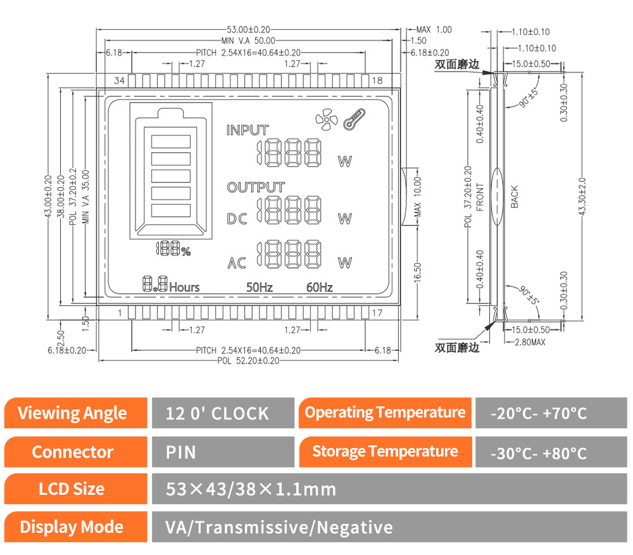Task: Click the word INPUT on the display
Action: click(248, 130)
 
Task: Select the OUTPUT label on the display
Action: click(256, 188)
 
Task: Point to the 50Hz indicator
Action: click(260, 287)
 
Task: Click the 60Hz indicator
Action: click(319, 287)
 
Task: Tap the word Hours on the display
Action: click(184, 287)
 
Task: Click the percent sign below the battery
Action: click(185, 252)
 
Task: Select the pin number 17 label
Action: click(377, 313)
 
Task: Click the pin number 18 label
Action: click(377, 80)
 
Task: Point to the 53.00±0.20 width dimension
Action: click(249, 29)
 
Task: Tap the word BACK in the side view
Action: click(514, 196)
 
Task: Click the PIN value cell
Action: click(181, 452)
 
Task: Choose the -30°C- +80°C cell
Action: click(539, 453)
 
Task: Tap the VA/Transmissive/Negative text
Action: click(279, 527)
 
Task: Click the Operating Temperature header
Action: click(385, 413)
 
